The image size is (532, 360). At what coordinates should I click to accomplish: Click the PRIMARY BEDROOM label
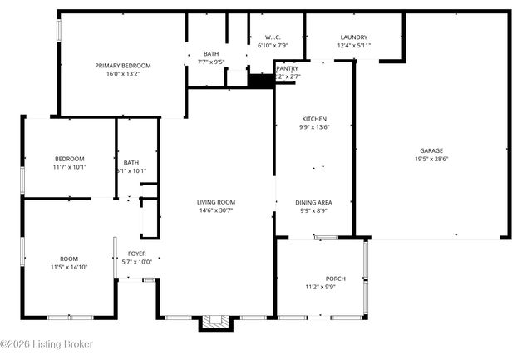click(x=122, y=65)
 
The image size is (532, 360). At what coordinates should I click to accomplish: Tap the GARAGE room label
click(x=431, y=150)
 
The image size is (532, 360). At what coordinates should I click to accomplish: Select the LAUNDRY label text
click(x=354, y=37)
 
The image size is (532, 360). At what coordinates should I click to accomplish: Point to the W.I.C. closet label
click(x=273, y=37)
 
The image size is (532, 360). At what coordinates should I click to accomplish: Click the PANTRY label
click(x=288, y=68)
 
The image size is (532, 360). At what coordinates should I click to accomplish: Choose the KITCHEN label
click(x=314, y=119)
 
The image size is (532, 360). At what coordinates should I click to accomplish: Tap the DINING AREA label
click(x=314, y=202)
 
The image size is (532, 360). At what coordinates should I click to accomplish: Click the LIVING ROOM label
click(x=216, y=202)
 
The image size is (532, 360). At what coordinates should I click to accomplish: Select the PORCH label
click(x=335, y=279)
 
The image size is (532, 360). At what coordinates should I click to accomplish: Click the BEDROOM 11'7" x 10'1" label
click(x=70, y=159)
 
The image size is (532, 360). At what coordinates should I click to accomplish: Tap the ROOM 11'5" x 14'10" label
click(x=69, y=259)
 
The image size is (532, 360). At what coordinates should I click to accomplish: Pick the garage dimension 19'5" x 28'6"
click(x=431, y=159)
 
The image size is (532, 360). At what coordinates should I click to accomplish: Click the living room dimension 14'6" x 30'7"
click(x=216, y=211)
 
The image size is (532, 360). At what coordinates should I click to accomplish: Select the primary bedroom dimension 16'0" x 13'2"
click(x=122, y=73)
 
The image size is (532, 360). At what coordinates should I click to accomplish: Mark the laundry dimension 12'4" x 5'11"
click(x=354, y=46)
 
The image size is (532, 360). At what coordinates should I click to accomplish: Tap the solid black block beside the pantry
click(x=261, y=80)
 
